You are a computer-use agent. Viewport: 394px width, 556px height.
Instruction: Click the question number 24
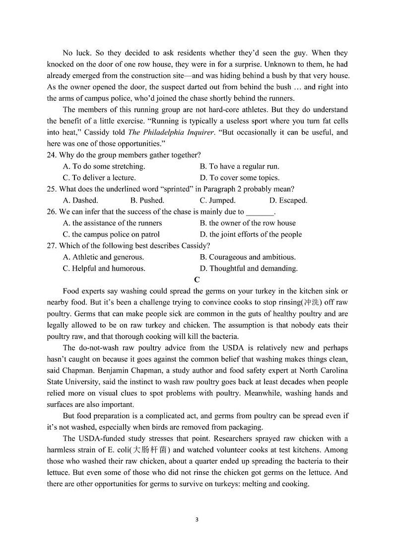52,155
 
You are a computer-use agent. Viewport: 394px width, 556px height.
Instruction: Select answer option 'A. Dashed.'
80,200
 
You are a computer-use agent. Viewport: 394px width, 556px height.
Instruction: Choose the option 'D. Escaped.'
288,200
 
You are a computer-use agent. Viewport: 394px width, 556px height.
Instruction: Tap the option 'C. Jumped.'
217,200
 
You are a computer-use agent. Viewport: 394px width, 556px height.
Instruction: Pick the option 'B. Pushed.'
147,200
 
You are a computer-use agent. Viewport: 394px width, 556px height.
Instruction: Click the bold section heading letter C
197,279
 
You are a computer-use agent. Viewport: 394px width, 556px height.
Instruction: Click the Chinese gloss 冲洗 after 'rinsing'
311,302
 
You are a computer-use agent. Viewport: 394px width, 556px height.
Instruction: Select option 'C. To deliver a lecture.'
99,177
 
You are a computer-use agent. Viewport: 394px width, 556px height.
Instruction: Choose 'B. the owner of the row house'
248,223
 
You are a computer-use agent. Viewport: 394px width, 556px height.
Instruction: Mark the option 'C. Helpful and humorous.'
104,268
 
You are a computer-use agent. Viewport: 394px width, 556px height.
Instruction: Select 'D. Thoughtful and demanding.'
249,268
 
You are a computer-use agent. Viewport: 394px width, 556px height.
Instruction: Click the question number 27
52,246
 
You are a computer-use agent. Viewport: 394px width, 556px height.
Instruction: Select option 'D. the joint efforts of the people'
251,234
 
